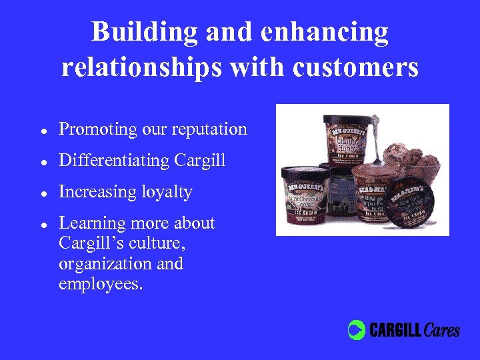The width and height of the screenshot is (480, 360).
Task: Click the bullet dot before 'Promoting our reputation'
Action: (43, 130)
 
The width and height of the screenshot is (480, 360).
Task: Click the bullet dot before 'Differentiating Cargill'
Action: (43, 161)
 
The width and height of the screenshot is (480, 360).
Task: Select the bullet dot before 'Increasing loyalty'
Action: (43, 193)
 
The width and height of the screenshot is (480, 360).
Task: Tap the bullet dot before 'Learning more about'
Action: (43, 224)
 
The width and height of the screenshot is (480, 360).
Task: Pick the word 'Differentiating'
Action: (115, 161)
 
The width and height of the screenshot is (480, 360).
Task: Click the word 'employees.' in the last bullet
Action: (101, 285)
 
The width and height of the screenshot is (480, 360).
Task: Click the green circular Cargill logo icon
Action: (357, 330)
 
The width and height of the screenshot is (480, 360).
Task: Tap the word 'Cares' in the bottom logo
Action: (441, 329)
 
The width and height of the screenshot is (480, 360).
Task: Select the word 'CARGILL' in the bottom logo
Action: (395, 330)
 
